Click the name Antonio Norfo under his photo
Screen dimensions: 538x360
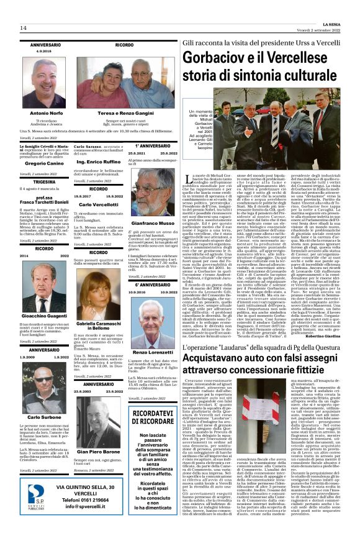pyautogui.click(x=47, y=113)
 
